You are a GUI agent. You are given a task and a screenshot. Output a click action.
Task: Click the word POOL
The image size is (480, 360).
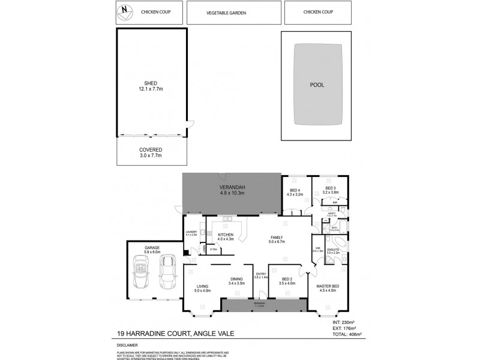point(317,85)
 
